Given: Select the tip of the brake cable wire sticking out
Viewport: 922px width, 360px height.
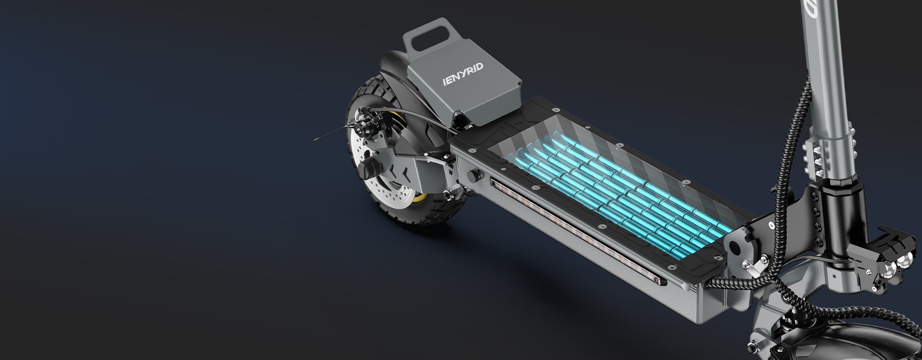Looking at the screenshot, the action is point(315,140).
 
